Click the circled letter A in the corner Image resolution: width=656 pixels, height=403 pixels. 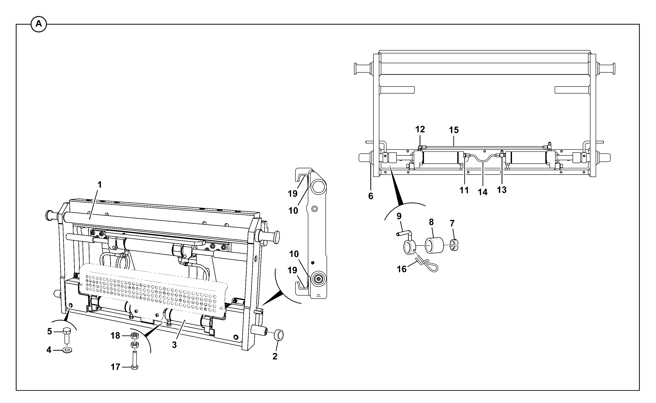[x=39, y=24]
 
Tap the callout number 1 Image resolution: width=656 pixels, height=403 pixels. [x=100, y=185]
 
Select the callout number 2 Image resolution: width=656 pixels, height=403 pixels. [x=275, y=356]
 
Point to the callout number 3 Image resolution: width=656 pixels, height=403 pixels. [x=175, y=345]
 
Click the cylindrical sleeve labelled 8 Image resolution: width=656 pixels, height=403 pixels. [x=434, y=245]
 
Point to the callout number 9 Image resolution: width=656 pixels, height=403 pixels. [x=399, y=216]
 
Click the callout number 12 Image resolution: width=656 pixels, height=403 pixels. [x=420, y=129]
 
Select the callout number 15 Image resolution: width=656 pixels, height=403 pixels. [x=454, y=130]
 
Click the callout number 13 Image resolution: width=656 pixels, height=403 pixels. [x=502, y=190]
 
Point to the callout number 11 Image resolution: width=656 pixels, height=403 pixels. [x=464, y=190]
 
